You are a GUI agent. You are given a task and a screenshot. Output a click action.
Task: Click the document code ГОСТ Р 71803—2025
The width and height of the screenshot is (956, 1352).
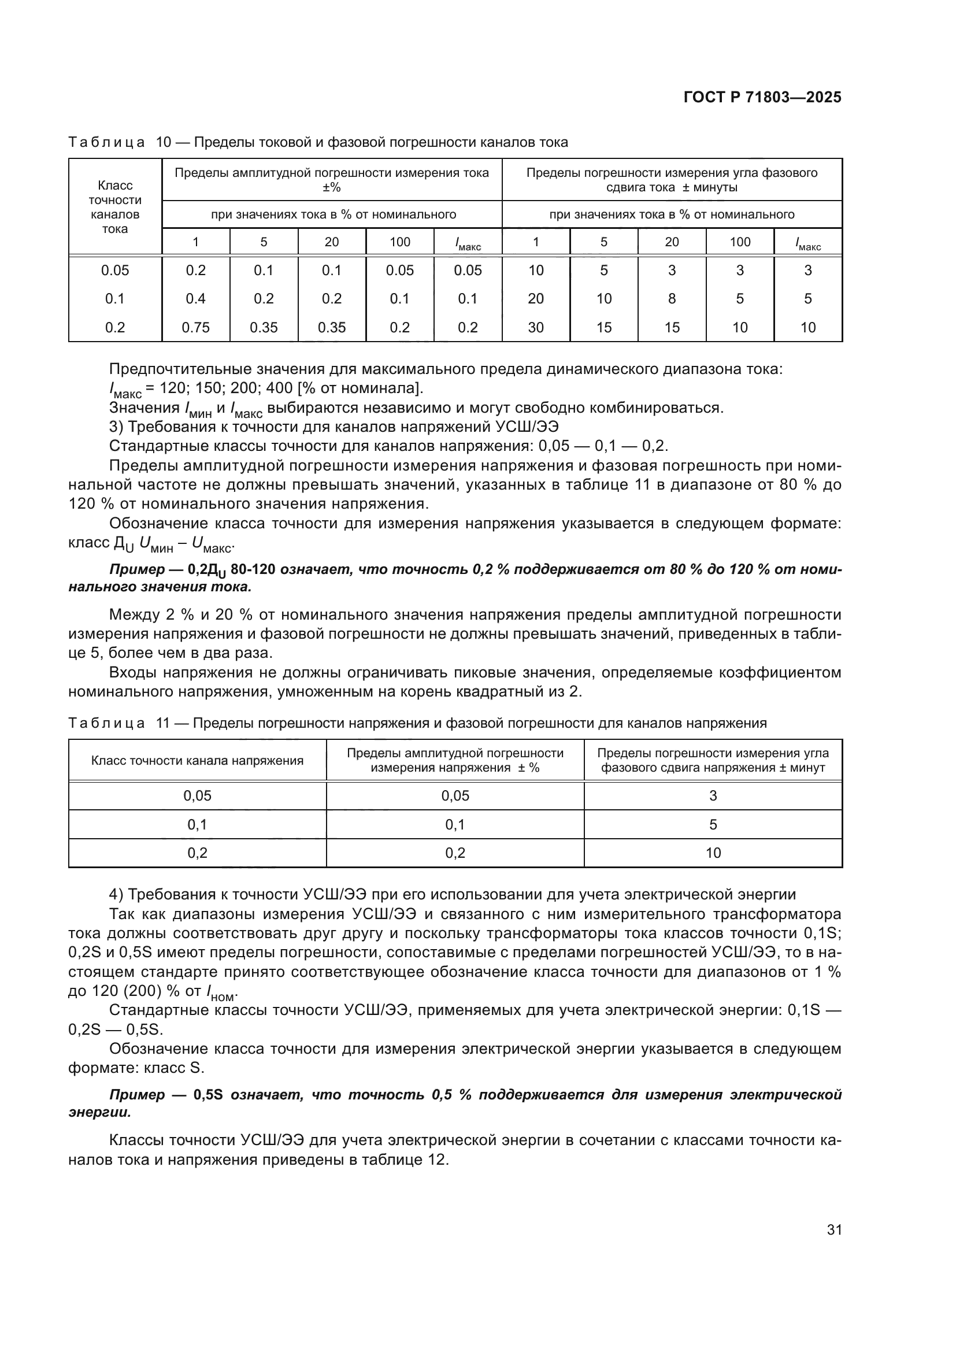762,98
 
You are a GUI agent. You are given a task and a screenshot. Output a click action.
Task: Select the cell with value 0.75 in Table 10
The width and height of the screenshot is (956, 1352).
195,327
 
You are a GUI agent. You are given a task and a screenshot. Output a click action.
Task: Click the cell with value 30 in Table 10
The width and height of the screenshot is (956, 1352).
536,327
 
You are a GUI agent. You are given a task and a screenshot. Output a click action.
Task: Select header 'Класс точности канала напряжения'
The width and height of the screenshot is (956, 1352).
197,760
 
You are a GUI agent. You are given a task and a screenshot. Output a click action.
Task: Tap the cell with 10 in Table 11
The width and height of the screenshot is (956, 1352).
713,853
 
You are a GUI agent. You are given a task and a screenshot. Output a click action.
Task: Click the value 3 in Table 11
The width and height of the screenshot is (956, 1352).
713,795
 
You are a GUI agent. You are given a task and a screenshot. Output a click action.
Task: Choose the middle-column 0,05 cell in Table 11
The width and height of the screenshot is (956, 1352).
455,795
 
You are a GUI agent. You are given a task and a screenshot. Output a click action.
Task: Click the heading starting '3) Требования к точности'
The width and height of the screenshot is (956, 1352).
333,427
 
